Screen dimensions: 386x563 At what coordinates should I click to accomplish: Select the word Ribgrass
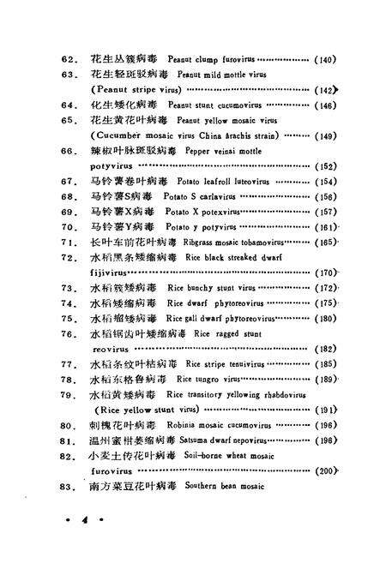click(196, 243)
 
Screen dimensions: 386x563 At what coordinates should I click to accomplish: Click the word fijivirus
click(112, 273)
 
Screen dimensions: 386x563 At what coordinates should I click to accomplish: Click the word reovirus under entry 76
click(111, 349)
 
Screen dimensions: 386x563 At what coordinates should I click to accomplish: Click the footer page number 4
click(83, 521)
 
